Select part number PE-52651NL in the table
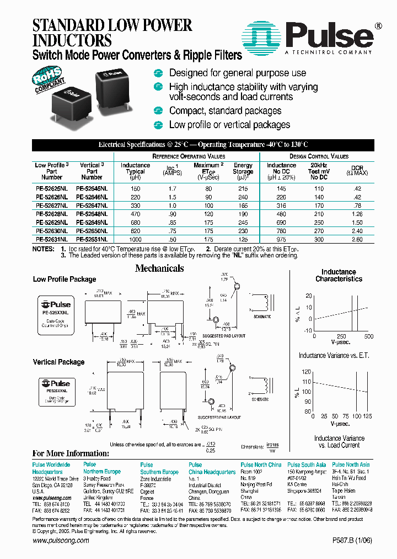click(92, 240)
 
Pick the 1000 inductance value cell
click(135, 240)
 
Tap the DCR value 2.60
click(357, 240)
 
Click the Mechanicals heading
click(160, 268)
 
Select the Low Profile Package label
click(65, 279)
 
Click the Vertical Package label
click(58, 362)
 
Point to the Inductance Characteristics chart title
click(339, 275)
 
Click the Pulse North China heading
click(261, 465)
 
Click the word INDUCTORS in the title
click(72, 40)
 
